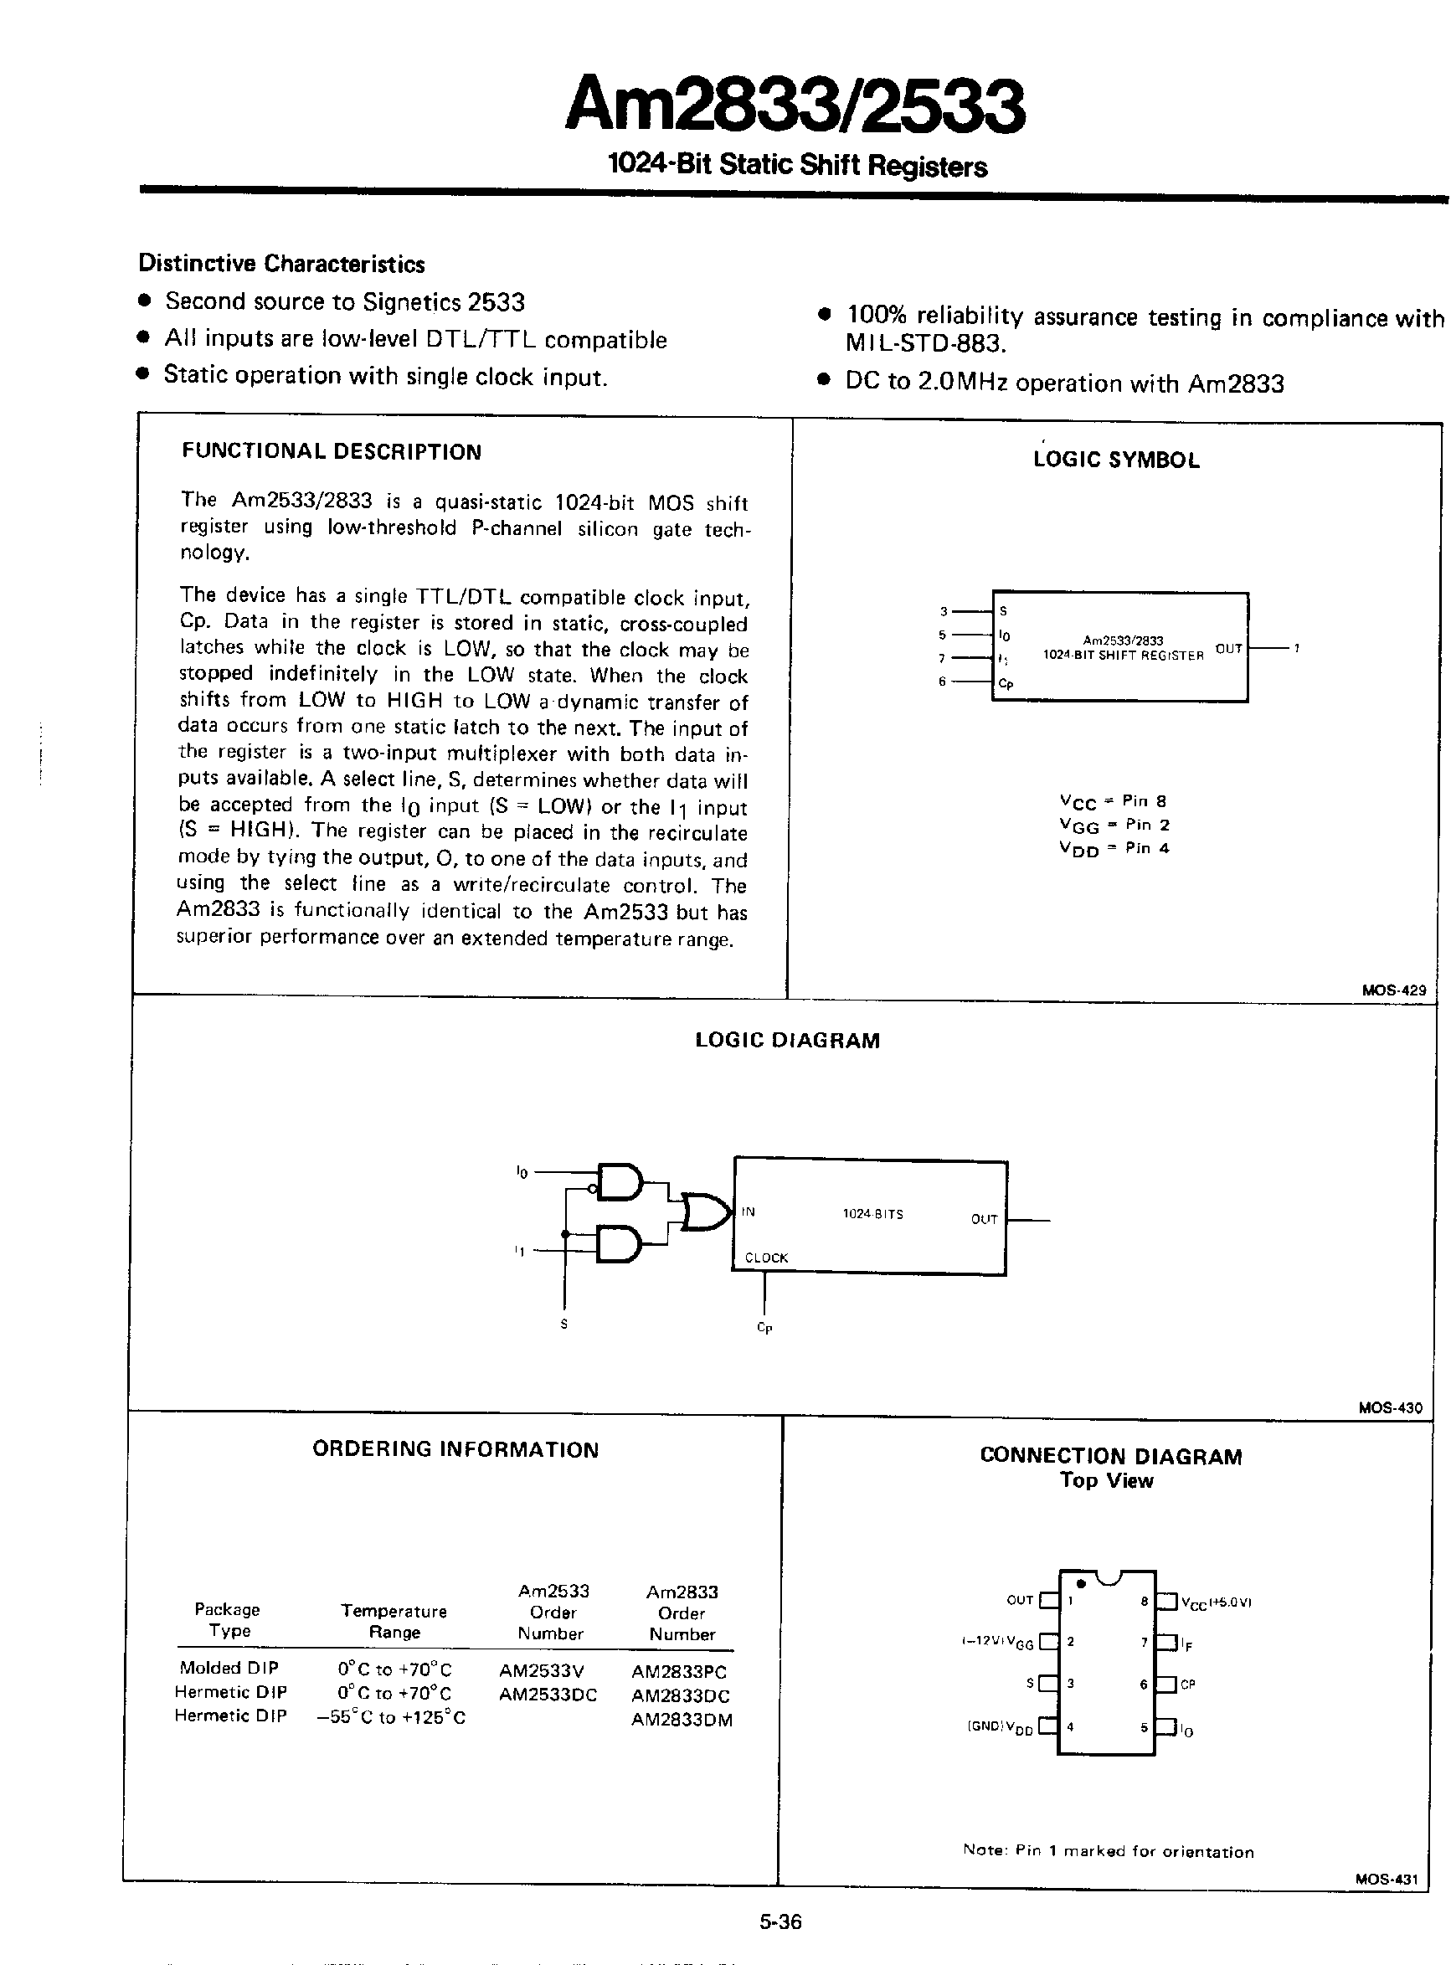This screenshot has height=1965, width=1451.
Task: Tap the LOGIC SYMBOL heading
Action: pos(1115,460)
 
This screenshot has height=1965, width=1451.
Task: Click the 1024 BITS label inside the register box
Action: pos(872,1214)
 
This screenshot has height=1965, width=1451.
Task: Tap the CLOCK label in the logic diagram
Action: pos(766,1258)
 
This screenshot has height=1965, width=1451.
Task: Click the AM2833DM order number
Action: pos(681,1720)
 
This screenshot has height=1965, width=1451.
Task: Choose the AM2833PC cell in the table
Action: pos(679,1672)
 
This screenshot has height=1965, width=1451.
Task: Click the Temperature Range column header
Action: pos(394,1622)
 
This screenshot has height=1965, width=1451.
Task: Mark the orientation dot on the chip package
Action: pos(1081,1584)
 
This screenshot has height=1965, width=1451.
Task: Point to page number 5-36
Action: pos(780,1922)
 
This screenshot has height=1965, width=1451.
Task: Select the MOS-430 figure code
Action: pos(1390,1408)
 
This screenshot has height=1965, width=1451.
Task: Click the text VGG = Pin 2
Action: pos(1114,825)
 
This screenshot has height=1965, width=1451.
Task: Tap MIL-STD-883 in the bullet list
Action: pos(925,343)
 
